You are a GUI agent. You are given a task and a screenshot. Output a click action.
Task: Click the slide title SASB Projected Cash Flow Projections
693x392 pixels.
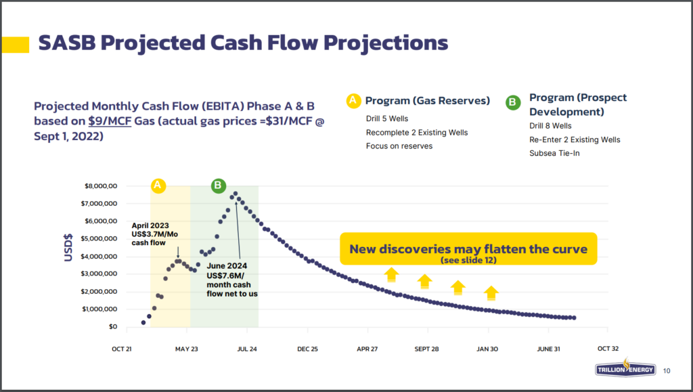(243, 43)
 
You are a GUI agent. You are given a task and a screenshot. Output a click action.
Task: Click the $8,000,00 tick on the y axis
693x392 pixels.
(99, 186)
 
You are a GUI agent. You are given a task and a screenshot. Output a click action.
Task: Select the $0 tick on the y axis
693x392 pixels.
(112, 327)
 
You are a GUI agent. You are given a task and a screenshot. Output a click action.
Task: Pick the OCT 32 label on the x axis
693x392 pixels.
(607, 349)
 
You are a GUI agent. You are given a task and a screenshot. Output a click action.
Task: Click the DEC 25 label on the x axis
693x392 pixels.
(307, 349)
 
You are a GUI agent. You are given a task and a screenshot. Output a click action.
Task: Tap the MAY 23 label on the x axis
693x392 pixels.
(186, 349)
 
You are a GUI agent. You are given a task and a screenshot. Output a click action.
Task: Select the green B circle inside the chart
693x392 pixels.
(219, 185)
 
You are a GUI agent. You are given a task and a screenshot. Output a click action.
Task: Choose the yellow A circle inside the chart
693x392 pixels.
(158, 185)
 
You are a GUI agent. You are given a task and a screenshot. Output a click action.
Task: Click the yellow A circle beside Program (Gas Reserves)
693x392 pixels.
(353, 101)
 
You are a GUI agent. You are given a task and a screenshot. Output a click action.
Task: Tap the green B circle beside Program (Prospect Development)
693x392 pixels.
(514, 102)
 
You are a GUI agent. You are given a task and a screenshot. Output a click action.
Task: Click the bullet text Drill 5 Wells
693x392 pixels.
(389, 118)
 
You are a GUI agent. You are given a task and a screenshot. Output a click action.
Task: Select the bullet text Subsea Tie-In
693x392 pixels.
(555, 154)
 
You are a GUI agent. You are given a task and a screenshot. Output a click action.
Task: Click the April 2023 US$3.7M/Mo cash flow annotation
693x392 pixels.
(150, 234)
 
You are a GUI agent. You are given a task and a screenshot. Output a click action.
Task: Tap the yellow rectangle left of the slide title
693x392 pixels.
(16, 44)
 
